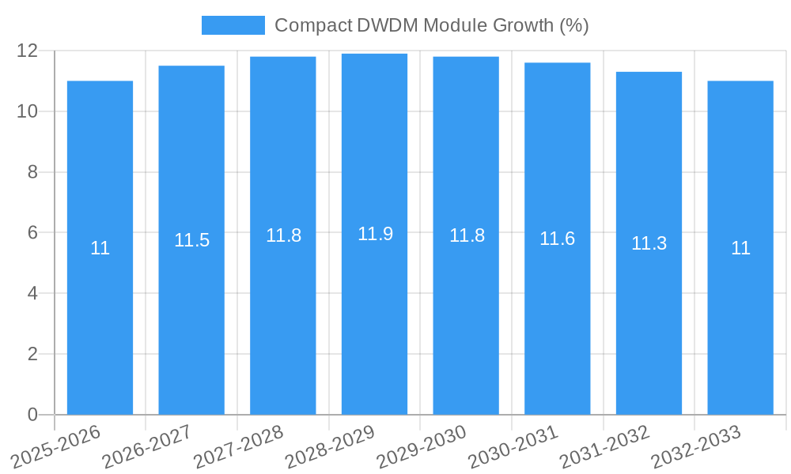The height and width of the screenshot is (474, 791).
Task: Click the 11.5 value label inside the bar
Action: point(191,240)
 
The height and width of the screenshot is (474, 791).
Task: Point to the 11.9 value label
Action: point(375,234)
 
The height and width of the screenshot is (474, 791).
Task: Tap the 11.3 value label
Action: point(649,243)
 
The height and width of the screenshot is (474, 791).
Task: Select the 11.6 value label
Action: point(557,239)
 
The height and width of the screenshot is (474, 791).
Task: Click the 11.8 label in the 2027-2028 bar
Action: point(283,235)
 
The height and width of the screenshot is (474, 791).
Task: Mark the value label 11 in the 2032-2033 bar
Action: point(740,248)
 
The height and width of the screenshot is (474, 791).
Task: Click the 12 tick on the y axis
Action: point(27,51)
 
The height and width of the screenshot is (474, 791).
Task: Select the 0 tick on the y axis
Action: point(32,415)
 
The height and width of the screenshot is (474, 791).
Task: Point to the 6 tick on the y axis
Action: point(32,233)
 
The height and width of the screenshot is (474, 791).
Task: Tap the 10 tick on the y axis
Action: point(27,111)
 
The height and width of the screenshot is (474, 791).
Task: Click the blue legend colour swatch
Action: point(233,25)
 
